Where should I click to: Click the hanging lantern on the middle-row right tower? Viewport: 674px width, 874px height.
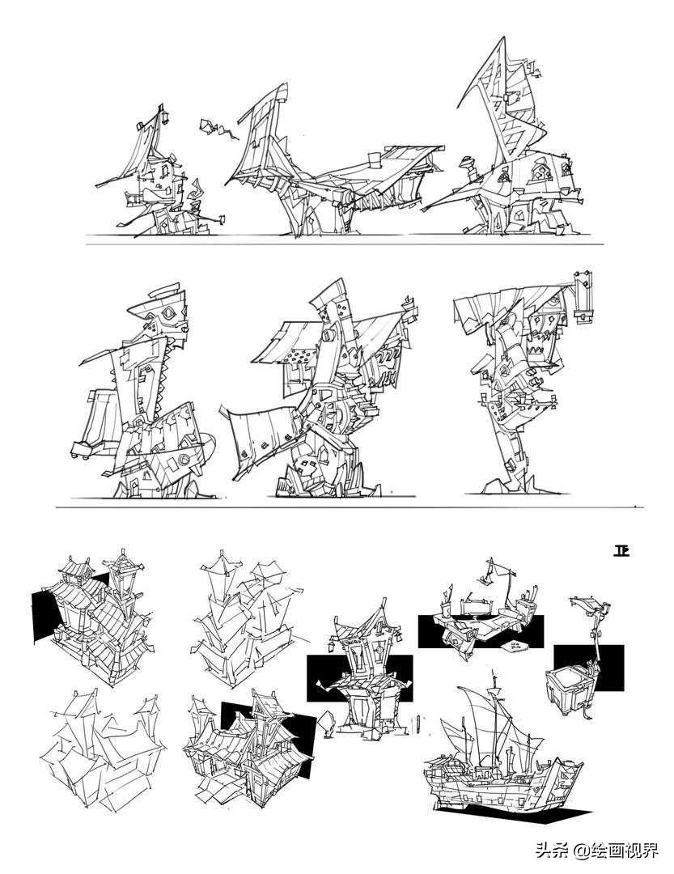pos(583,301)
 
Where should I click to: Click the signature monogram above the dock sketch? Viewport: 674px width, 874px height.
pos(621,551)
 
